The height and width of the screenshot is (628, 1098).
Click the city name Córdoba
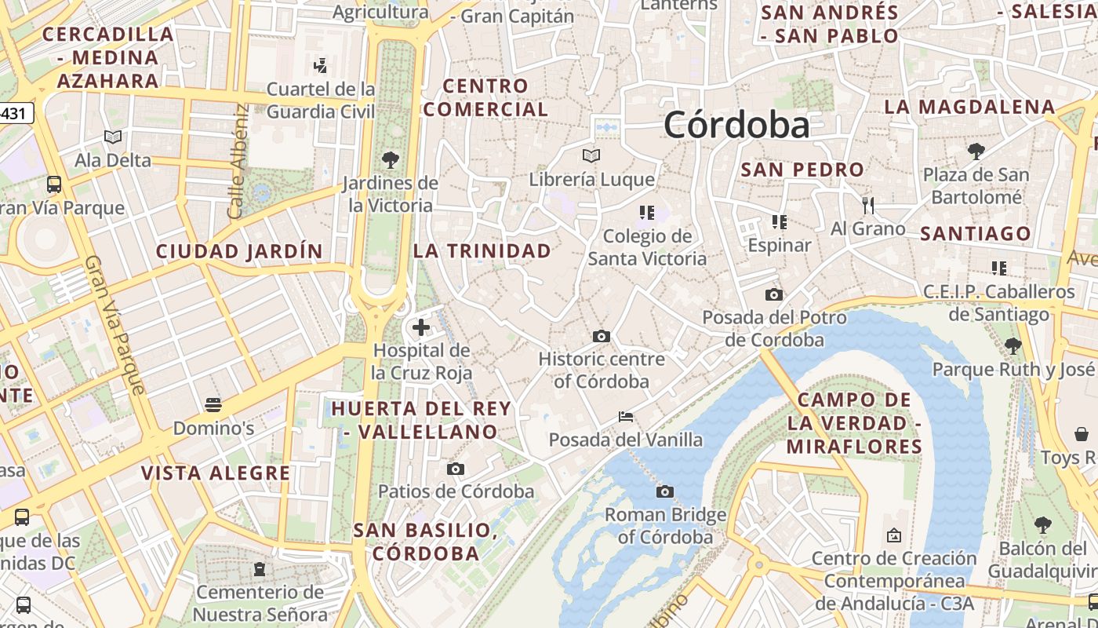pyautogui.click(x=736, y=126)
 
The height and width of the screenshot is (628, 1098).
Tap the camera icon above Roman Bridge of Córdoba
pyautogui.click(x=665, y=492)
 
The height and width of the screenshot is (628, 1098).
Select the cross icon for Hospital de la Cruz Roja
pyautogui.click(x=421, y=327)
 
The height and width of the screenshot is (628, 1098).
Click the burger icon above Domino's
pyautogui.click(x=213, y=405)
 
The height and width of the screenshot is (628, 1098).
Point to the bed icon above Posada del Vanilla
pyautogui.click(x=626, y=416)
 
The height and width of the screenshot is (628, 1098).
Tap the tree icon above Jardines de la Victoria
pyautogui.click(x=390, y=160)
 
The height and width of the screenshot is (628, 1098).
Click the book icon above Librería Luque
pyautogui.click(x=591, y=156)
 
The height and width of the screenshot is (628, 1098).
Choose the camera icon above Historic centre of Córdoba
pyautogui.click(x=602, y=336)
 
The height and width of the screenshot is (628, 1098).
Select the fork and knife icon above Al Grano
pyautogui.click(x=867, y=206)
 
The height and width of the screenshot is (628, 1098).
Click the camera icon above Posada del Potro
pyautogui.click(x=774, y=294)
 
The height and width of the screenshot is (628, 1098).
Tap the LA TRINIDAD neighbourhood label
pyautogui.click(x=482, y=251)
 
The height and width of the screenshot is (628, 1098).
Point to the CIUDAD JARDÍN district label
pyautogui.click(x=239, y=251)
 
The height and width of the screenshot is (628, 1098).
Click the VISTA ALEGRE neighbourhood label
pyautogui.click(x=216, y=473)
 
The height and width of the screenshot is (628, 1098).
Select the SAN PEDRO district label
pyautogui.click(x=802, y=170)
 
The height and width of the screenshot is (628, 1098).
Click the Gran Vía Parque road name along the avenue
pyautogui.click(x=115, y=323)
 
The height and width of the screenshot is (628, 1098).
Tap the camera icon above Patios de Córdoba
pyautogui.click(x=456, y=469)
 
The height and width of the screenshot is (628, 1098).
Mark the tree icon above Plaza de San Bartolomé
pyautogui.click(x=976, y=151)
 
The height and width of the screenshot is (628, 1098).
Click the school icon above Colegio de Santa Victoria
pyautogui.click(x=647, y=212)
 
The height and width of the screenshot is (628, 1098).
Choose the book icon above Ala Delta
pyautogui.click(x=113, y=137)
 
